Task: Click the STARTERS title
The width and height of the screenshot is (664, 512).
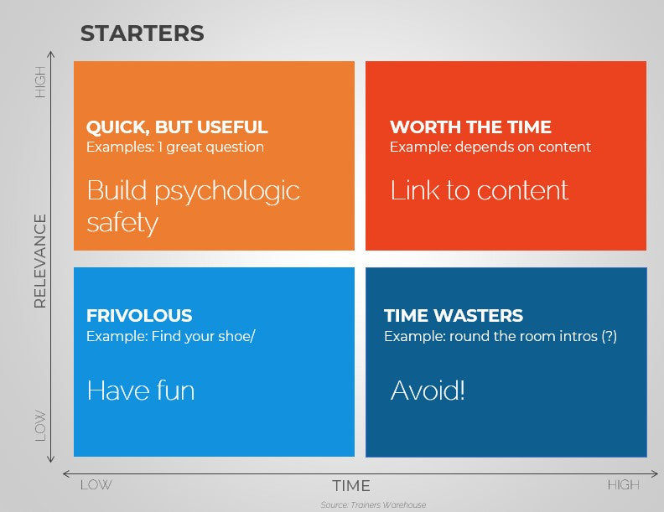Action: pyautogui.click(x=142, y=34)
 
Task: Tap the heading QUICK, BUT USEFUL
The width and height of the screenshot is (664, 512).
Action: pyautogui.click(x=177, y=127)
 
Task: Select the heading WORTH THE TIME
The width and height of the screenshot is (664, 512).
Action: pyautogui.click(x=470, y=127)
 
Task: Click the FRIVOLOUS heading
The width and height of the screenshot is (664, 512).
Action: pyautogui.click(x=139, y=316)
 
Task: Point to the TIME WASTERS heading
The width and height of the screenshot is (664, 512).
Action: pyautogui.click(x=453, y=316)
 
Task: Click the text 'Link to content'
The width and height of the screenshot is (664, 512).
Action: pyautogui.click(x=479, y=190)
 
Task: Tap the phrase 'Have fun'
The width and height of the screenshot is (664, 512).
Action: pyautogui.click(x=140, y=390)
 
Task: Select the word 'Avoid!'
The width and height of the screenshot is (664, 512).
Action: pyautogui.click(x=428, y=390)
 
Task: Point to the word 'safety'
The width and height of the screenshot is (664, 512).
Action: pyautogui.click(x=122, y=223)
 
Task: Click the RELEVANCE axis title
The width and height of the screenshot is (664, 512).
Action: pyautogui.click(x=39, y=261)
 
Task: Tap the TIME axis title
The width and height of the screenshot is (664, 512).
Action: pyautogui.click(x=350, y=486)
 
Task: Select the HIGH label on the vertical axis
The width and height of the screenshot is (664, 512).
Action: pyautogui.click(x=40, y=81)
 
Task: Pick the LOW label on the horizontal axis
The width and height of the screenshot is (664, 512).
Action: pyautogui.click(x=96, y=485)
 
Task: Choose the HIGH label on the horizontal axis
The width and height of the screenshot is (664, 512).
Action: pyautogui.click(x=623, y=485)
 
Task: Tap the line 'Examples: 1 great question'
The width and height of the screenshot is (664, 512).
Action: pyautogui.click(x=175, y=147)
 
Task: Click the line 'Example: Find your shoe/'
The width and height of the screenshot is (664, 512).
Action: pyautogui.click(x=170, y=336)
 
